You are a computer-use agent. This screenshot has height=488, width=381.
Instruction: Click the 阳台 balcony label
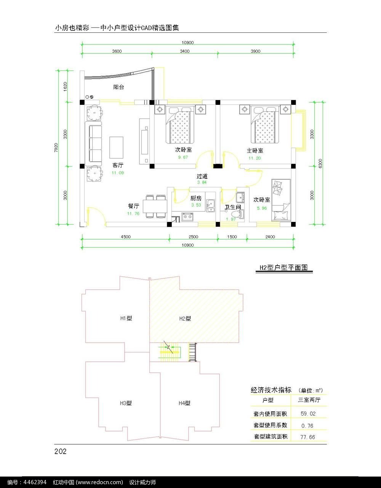tap(118, 87)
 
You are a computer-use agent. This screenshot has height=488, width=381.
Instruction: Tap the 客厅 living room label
tap(118, 165)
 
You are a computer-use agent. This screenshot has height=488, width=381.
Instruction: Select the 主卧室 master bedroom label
tap(255, 151)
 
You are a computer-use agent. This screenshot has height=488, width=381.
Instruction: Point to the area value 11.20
tap(255, 158)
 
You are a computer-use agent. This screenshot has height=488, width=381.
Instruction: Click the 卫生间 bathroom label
tap(233, 207)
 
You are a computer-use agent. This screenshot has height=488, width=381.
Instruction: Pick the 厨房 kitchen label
tap(196, 198)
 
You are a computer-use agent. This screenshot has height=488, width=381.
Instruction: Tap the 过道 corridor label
tap(202, 176)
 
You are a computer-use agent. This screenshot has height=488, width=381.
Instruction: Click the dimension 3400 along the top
tap(185, 51)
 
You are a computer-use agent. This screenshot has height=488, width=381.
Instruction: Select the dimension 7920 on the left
tap(56, 148)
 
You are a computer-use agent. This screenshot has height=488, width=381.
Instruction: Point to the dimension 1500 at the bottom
tap(232, 237)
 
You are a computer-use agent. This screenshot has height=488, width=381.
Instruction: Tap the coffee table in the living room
tap(116, 148)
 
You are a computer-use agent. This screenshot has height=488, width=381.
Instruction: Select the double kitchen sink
tap(210, 206)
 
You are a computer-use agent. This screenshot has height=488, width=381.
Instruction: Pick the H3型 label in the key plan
tap(126, 403)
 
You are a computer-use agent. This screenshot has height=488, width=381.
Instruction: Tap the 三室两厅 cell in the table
tap(309, 400)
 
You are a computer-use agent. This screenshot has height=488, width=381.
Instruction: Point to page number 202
tap(60, 451)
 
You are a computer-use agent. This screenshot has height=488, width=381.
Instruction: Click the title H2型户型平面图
tap(283, 268)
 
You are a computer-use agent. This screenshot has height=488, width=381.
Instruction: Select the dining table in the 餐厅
tap(155, 206)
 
